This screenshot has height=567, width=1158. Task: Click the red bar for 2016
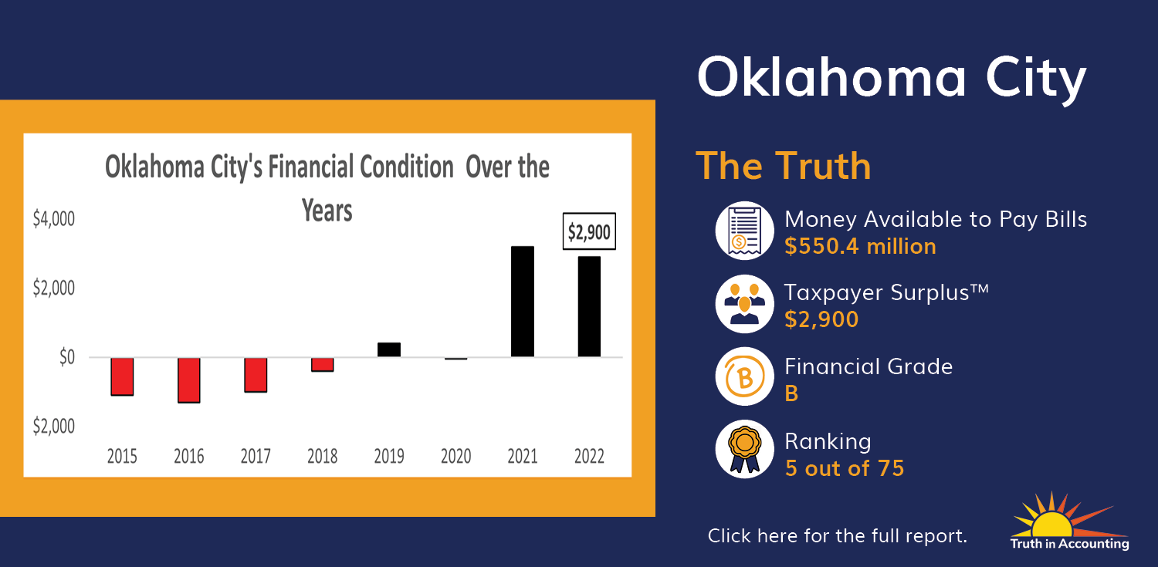(x=188, y=380)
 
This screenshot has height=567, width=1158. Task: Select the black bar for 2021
(x=523, y=302)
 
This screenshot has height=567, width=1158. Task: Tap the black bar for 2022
(x=589, y=307)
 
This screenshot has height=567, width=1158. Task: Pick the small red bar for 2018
(x=322, y=365)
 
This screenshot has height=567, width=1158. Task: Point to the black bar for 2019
(x=389, y=349)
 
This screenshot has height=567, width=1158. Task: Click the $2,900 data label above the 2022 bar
(x=589, y=231)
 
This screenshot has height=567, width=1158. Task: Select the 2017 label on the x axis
(x=256, y=456)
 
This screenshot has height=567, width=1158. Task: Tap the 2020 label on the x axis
(x=455, y=456)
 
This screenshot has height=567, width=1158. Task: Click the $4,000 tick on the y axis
(x=54, y=219)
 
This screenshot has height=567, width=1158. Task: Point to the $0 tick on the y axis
(x=67, y=357)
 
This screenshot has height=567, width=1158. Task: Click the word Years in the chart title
(x=327, y=211)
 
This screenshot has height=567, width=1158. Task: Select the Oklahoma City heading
(x=891, y=78)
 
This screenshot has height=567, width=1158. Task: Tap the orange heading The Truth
(x=784, y=167)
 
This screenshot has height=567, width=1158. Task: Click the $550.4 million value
(x=860, y=246)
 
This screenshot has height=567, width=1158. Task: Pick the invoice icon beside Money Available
(x=744, y=231)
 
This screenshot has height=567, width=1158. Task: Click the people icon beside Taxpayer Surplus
(x=744, y=304)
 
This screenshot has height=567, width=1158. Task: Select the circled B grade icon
(x=744, y=376)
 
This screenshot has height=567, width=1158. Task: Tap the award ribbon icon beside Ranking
(x=744, y=449)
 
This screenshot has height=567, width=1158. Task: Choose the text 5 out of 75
(x=845, y=468)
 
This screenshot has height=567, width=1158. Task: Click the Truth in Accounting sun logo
(x=1069, y=521)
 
